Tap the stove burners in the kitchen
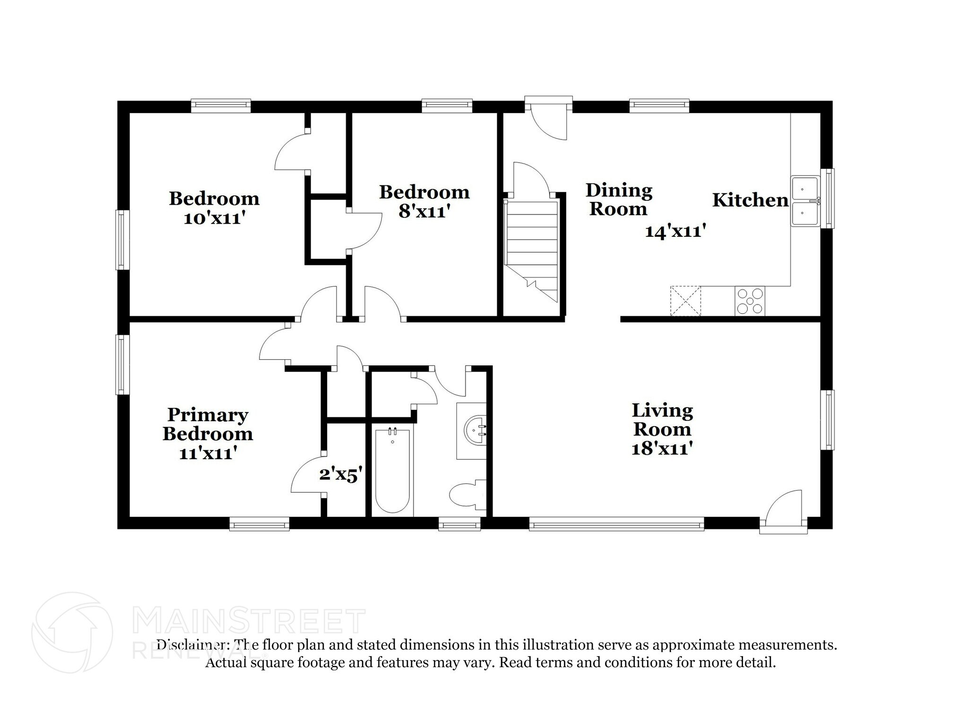(750, 301)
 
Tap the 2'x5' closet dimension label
(341, 474)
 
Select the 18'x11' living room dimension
(662, 448)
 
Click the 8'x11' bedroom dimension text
(423, 211)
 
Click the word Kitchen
(751, 200)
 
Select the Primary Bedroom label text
(207, 424)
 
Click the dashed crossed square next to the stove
(685, 301)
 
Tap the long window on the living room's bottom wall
(616, 523)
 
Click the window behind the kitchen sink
(830, 199)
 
